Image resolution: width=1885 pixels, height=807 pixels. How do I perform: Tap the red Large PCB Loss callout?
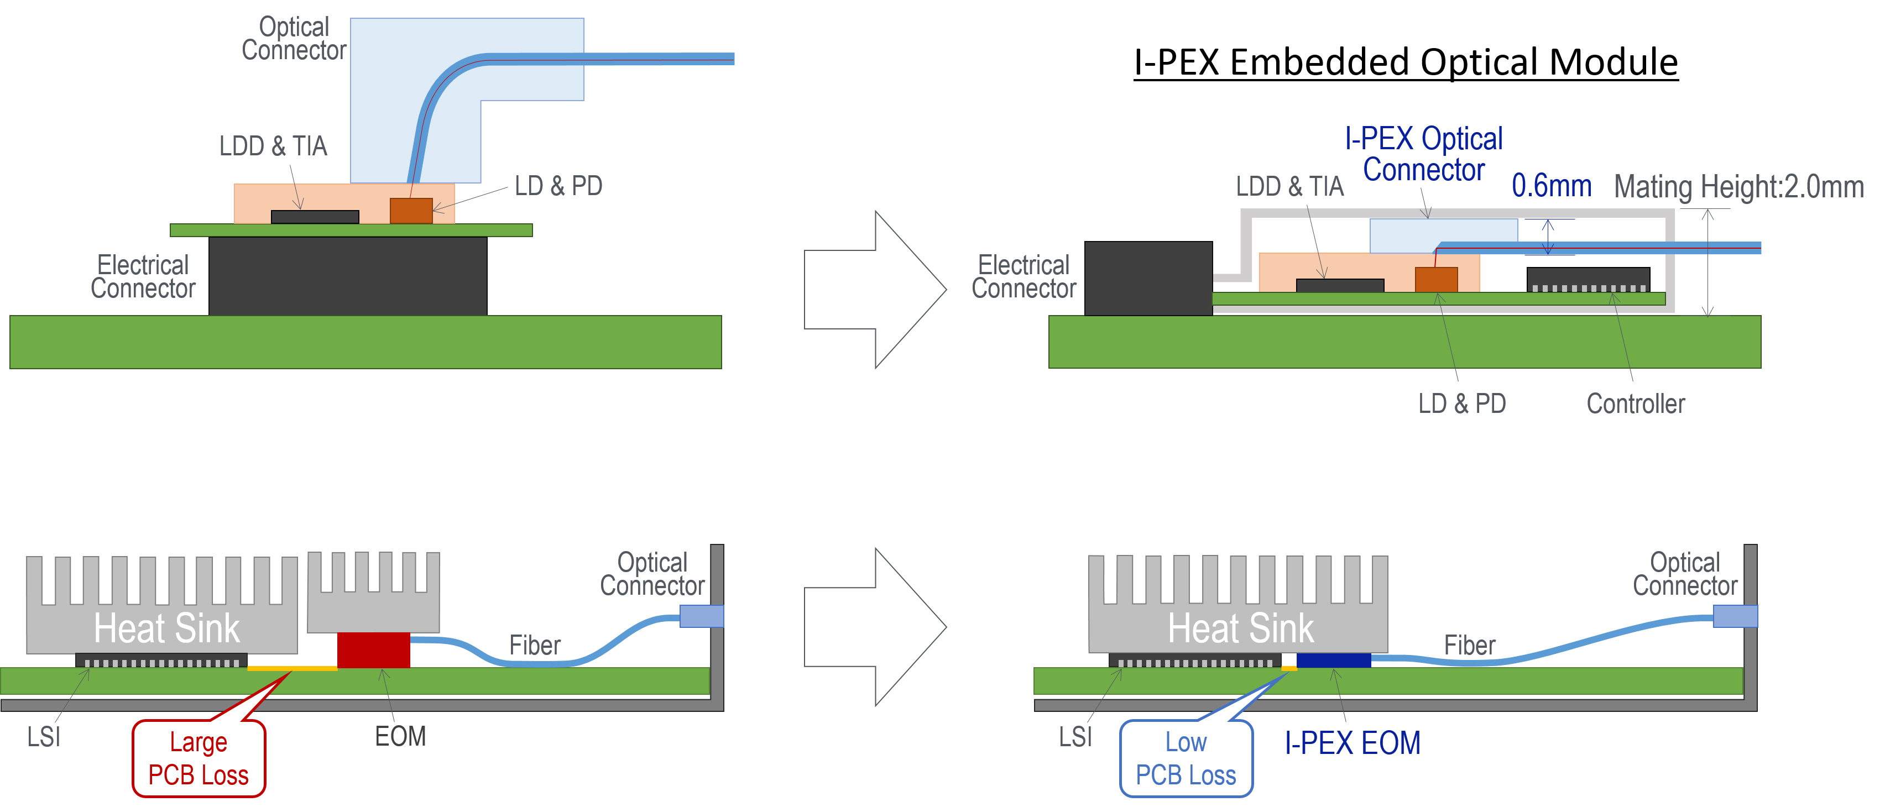[x=199, y=758]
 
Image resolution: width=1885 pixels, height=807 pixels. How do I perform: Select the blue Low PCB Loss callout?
[x=1186, y=758]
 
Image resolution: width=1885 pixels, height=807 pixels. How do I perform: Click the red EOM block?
[x=373, y=649]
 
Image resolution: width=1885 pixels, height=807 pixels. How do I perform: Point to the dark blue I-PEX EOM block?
[x=1333, y=661]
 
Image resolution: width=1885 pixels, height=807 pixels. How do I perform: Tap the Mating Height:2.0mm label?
[x=1738, y=187]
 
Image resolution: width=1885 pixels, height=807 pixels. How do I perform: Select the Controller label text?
[x=1636, y=403]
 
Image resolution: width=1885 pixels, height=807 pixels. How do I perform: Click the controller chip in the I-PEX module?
[x=1588, y=280]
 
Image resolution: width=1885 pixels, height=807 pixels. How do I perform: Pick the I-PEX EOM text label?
[x=1353, y=743]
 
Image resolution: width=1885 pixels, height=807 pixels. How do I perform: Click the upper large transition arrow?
[x=875, y=290]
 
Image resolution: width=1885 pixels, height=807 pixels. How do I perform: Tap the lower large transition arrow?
[x=875, y=627]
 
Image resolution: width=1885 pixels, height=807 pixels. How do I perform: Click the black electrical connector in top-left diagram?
[x=348, y=276]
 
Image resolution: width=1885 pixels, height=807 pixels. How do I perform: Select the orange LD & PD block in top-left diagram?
[x=411, y=211]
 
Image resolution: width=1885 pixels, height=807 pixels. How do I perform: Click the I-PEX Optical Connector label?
[x=1423, y=154]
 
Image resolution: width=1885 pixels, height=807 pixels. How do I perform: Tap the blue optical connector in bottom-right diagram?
[x=1735, y=616]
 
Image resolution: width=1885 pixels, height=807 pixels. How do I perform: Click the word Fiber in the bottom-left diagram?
[x=535, y=645]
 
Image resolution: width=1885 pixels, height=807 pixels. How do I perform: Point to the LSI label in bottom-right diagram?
[x=1075, y=736]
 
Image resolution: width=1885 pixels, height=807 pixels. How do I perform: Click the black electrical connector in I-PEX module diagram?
[x=1148, y=278]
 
